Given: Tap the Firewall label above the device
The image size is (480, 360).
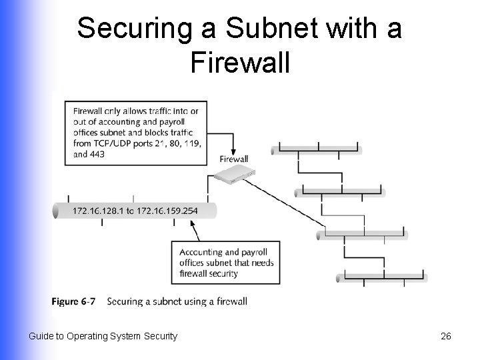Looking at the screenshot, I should point(233,159).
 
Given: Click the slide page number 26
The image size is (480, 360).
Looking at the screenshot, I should point(446,336).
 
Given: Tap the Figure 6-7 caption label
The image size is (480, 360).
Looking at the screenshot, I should point(73,301).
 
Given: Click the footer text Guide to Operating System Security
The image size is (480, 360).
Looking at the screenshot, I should point(103,336).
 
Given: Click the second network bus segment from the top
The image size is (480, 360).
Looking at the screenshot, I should point(340,192).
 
